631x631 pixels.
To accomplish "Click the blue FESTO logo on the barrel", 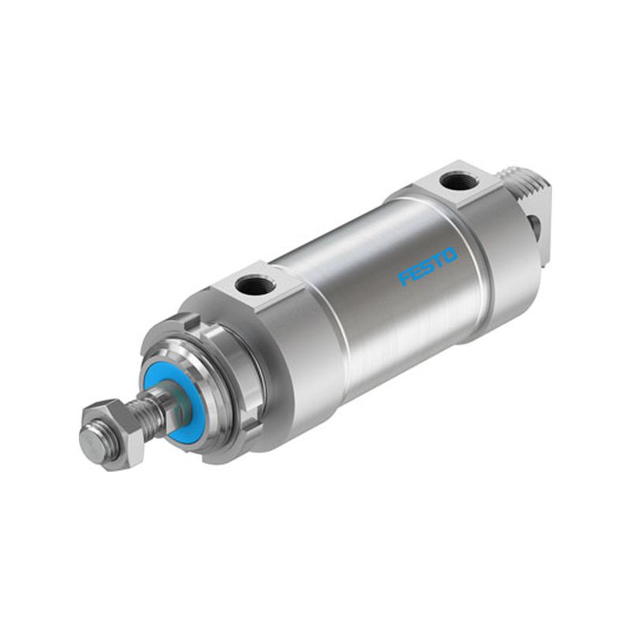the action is click(428, 267).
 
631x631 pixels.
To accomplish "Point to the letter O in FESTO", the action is click(450, 255).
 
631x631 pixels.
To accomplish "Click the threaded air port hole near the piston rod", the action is click(249, 286).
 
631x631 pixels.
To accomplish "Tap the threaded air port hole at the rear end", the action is click(458, 181).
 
